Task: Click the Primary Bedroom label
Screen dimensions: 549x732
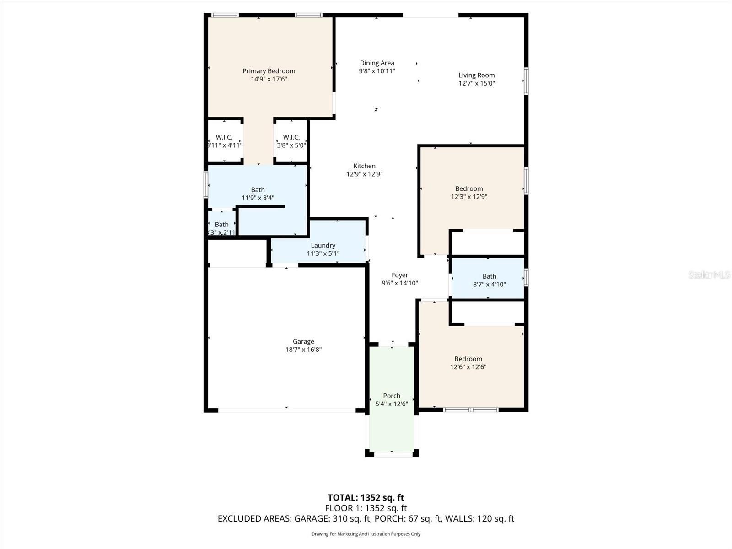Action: pos(269,71)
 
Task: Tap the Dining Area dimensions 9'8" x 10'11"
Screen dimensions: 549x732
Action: pos(377,71)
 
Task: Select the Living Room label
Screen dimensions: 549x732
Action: pos(476,75)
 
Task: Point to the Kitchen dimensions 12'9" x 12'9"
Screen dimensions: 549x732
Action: pos(364,174)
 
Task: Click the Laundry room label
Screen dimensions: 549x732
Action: pos(323,246)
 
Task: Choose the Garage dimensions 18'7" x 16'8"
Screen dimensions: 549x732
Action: pos(303,350)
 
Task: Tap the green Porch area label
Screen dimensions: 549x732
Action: pos(392,396)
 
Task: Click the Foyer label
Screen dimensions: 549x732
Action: pos(399,275)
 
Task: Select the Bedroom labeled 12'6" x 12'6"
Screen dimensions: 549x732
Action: pos(468,363)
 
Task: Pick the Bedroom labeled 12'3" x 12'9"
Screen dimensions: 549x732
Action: pos(469,193)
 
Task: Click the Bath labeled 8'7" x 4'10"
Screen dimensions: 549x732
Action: pos(489,280)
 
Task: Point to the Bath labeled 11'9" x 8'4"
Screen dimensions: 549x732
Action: pos(258,194)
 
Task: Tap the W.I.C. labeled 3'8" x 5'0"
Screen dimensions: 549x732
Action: pos(291,141)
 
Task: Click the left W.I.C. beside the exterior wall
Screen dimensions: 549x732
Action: pos(224,141)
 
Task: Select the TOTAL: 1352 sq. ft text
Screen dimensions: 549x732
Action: pos(366,498)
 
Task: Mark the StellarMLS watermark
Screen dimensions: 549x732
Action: pos(709,275)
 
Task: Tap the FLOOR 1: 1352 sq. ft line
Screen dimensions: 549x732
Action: pos(366,508)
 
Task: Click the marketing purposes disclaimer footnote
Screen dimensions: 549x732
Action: pos(366,534)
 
